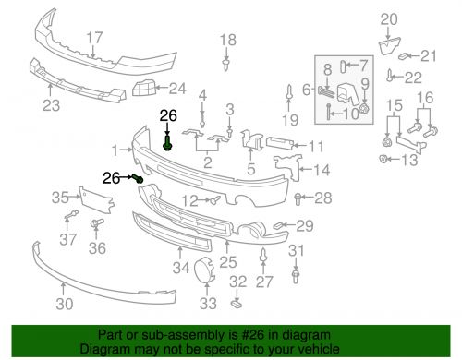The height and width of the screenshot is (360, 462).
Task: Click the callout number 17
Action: [x=94, y=38]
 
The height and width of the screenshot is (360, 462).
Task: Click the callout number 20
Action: [x=388, y=18]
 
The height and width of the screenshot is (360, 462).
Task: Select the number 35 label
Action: [x=59, y=196]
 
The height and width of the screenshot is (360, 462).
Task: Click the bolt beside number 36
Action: [x=94, y=225]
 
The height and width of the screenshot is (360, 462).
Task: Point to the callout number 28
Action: [x=322, y=198]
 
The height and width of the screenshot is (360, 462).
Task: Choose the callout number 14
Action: [x=322, y=170]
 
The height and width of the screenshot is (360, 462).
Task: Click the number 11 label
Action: [x=316, y=146]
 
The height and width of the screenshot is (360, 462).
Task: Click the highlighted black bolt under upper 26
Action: [x=167, y=144]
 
